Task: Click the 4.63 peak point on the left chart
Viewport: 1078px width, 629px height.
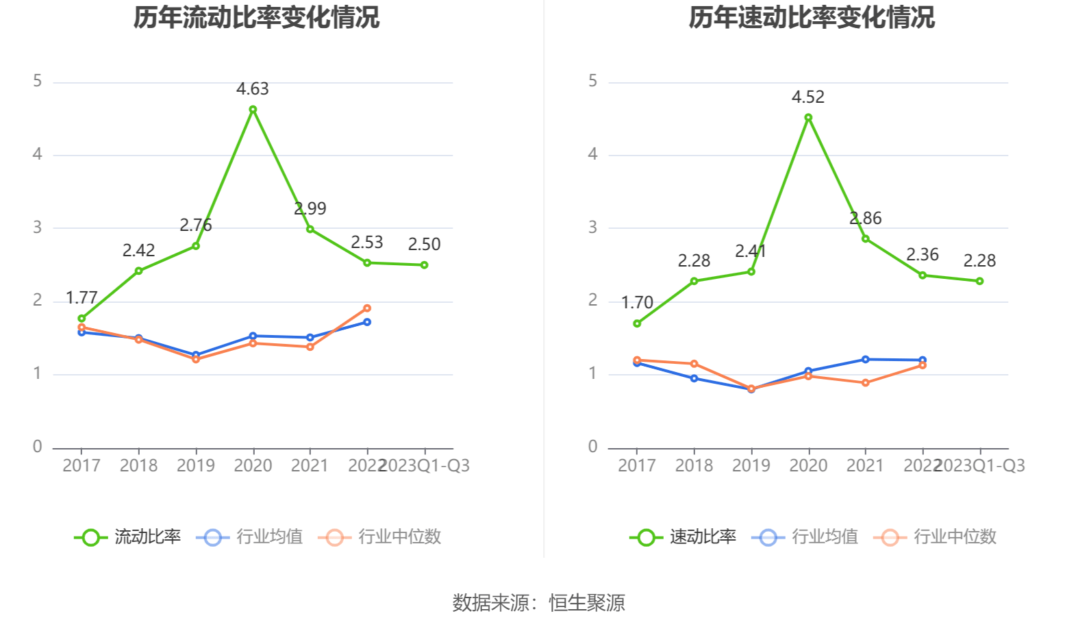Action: tap(253, 110)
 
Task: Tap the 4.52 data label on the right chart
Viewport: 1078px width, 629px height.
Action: tap(808, 97)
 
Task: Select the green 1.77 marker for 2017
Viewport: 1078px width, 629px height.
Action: tap(82, 319)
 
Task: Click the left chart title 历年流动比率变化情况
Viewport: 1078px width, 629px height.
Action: tap(256, 18)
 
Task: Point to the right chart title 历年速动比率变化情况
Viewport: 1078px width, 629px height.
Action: tap(812, 18)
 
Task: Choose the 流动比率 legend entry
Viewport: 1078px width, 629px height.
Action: tap(128, 537)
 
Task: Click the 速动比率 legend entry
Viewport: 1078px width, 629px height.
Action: tap(684, 537)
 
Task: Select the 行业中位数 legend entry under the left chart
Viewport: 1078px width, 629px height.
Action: tap(380, 537)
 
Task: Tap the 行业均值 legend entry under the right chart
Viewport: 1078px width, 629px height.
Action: tap(805, 537)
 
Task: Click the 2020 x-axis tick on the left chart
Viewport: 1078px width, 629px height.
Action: tap(253, 466)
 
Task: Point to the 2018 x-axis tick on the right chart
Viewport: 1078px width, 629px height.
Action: tap(694, 466)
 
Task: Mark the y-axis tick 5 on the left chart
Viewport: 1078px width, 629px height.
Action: tap(38, 82)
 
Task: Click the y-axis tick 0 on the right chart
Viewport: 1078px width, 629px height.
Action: tap(593, 447)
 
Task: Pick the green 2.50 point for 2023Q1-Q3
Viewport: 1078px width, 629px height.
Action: tap(425, 265)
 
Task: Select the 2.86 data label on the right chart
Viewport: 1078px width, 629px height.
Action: tap(866, 219)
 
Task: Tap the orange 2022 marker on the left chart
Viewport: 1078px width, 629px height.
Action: tap(367, 308)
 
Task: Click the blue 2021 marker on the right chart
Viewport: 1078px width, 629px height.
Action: tap(866, 360)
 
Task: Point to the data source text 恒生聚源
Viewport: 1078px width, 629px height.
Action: tap(587, 603)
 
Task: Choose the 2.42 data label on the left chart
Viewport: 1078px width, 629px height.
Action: tap(138, 251)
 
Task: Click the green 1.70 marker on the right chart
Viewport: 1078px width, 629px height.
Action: tap(637, 323)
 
